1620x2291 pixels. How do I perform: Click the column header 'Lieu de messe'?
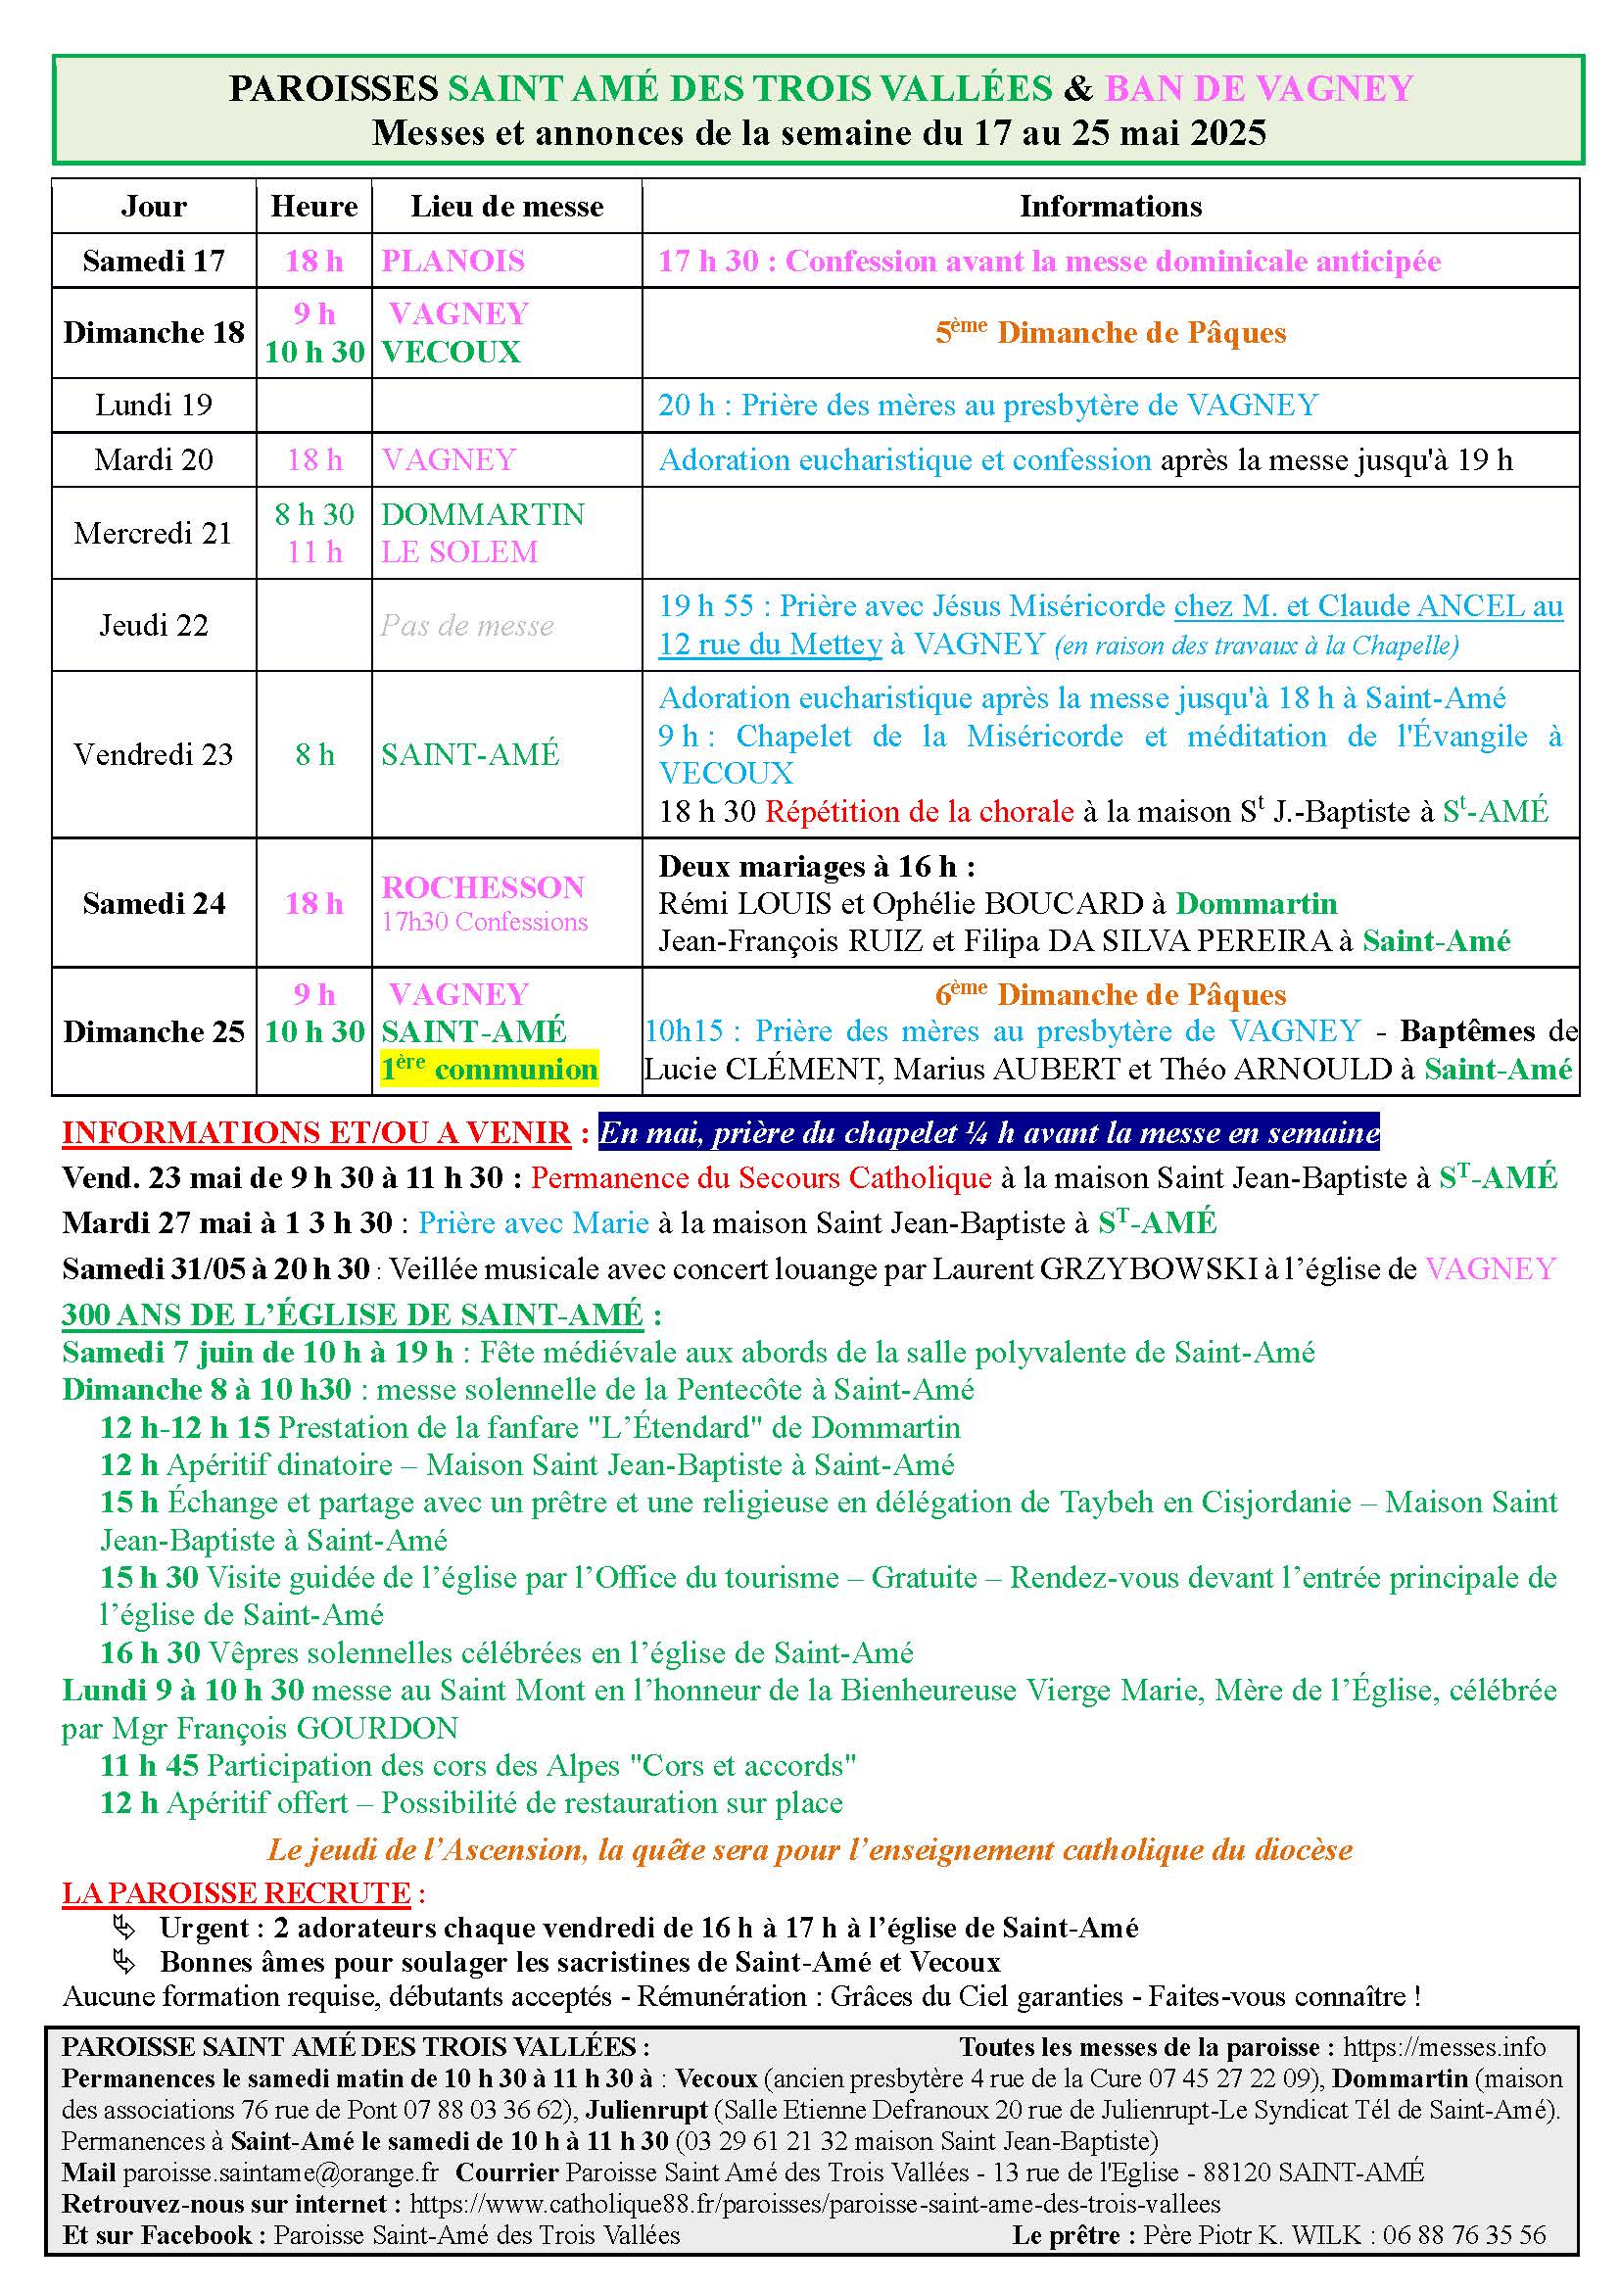506,207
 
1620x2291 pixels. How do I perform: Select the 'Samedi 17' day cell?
154,262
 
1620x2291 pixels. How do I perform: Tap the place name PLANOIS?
453,262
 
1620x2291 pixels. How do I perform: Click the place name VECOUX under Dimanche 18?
451,353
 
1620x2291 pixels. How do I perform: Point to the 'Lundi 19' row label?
154,406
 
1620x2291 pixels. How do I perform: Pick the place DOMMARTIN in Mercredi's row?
483,515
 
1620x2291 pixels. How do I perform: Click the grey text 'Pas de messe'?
467,626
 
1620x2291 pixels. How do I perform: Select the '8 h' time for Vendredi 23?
314,755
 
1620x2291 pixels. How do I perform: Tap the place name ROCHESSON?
483,887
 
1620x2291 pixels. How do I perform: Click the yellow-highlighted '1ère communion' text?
489,1070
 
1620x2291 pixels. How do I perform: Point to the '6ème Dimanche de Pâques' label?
1111,995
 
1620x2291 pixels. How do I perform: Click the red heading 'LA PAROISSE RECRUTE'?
236,1894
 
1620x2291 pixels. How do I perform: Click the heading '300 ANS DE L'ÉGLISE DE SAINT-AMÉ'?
353,1315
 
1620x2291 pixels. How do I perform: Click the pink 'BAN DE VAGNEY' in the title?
1259,89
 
